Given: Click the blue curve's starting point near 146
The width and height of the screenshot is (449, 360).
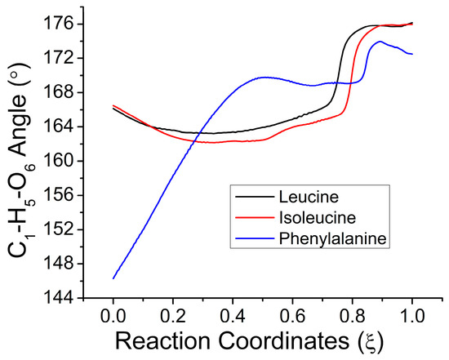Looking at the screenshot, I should pyautogui.click(x=113, y=278).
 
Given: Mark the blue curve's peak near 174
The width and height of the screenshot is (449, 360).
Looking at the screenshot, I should pyautogui.click(x=380, y=42).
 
